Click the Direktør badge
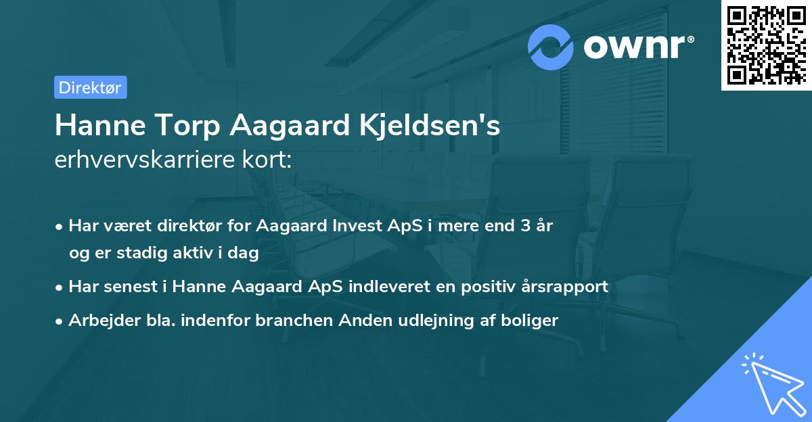(x=90, y=87)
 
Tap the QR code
(x=766, y=45)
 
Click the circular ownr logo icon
(x=551, y=47)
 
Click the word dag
(x=245, y=253)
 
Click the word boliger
(x=533, y=321)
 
